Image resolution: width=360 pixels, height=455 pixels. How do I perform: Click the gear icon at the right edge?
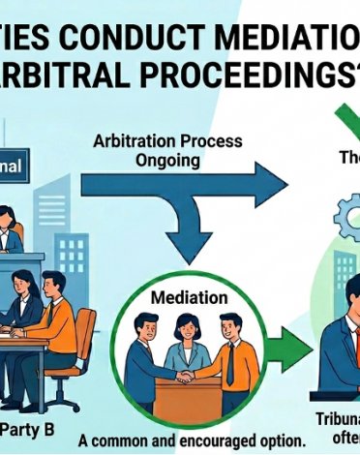[x=348, y=219]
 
